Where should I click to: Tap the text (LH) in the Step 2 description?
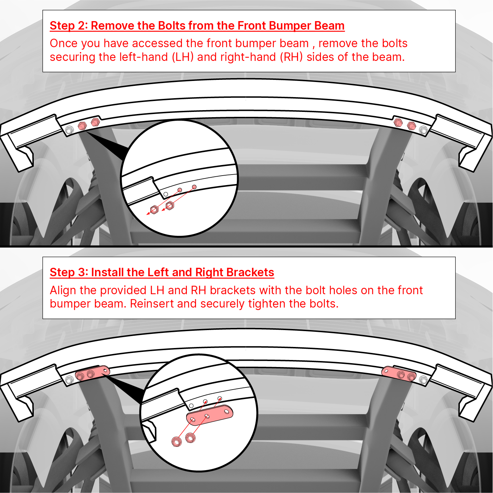[x=183, y=57]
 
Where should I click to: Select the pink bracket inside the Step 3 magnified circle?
[x=209, y=415]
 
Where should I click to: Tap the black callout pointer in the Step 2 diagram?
[x=107, y=145]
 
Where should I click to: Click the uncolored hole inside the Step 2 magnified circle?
[x=166, y=194]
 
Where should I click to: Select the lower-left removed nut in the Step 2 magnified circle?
[x=154, y=209]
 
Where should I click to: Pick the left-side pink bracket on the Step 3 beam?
[x=93, y=373]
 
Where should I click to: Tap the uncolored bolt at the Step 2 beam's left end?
[x=69, y=130]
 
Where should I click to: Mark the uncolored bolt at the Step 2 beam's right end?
[x=423, y=130]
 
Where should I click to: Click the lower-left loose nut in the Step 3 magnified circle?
[x=177, y=441]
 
